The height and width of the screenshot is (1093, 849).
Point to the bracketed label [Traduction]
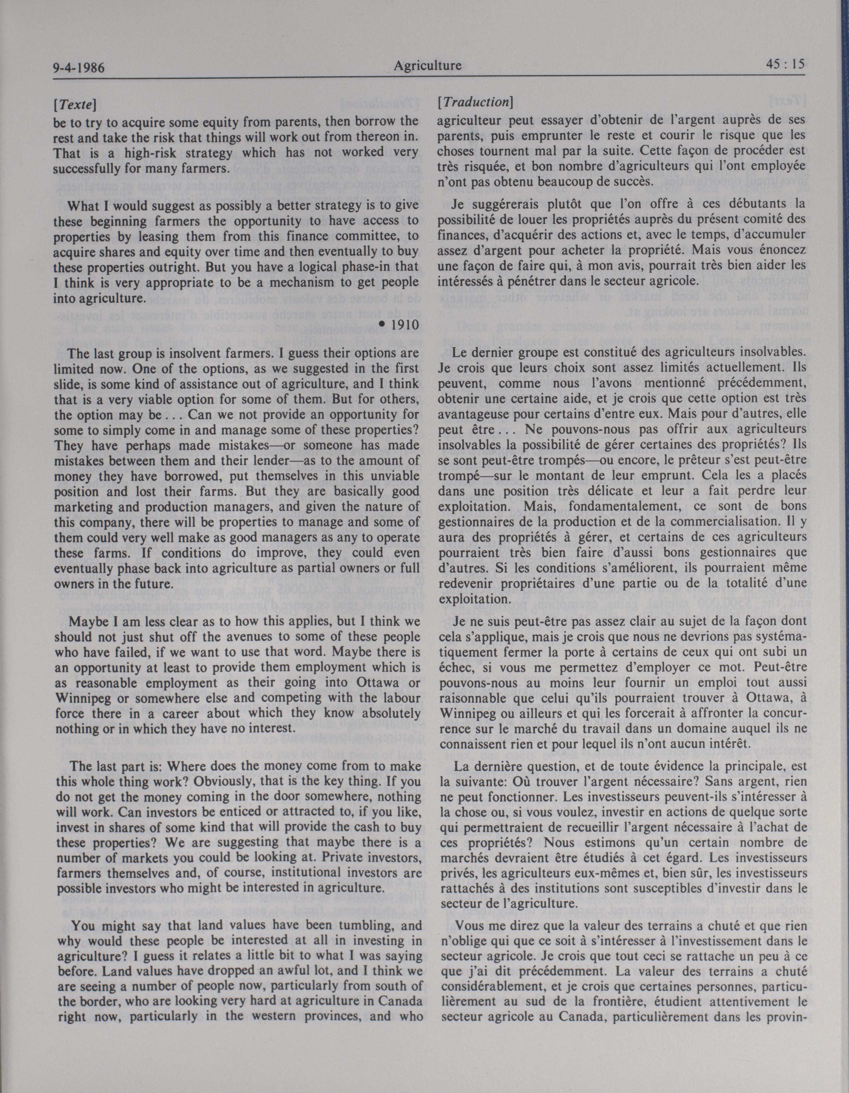[x=474, y=102]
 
